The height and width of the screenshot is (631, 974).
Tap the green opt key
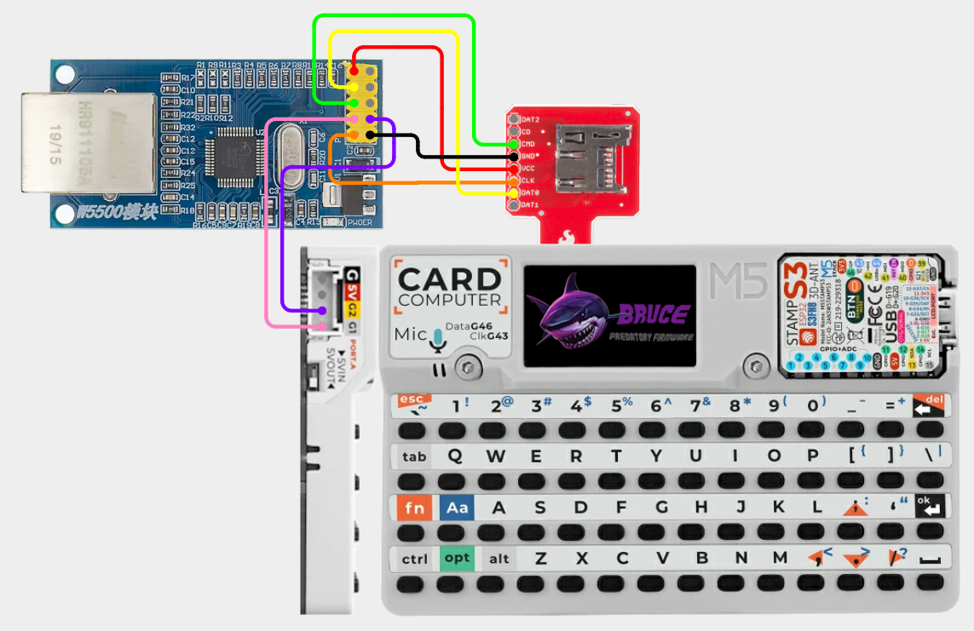tap(458, 559)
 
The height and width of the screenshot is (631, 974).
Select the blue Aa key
tap(458, 508)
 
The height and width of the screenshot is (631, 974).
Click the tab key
tap(414, 456)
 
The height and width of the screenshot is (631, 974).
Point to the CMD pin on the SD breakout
tap(514, 145)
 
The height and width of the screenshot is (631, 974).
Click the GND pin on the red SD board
tap(514, 157)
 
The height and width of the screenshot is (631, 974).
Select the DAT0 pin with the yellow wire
tap(514, 193)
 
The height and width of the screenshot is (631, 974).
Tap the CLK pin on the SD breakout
tap(514, 181)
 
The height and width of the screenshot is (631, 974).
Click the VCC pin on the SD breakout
tap(514, 169)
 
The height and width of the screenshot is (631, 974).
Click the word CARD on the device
tap(450, 279)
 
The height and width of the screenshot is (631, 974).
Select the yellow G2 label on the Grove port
tap(352, 313)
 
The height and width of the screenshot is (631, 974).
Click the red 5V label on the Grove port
tap(352, 293)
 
